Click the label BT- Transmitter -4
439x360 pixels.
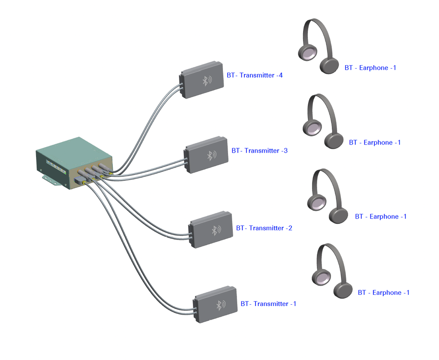[x=255, y=75]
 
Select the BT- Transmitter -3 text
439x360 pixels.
[x=259, y=151]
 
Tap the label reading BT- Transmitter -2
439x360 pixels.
[x=264, y=228]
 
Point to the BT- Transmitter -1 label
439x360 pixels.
[x=268, y=304]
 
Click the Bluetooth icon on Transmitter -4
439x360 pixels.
[x=207, y=81]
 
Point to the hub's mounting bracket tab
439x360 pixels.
[x=51, y=180]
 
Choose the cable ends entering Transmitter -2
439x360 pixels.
[x=191, y=237]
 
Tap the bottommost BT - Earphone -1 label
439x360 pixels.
[x=384, y=293]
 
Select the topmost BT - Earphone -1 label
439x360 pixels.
[x=370, y=68]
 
